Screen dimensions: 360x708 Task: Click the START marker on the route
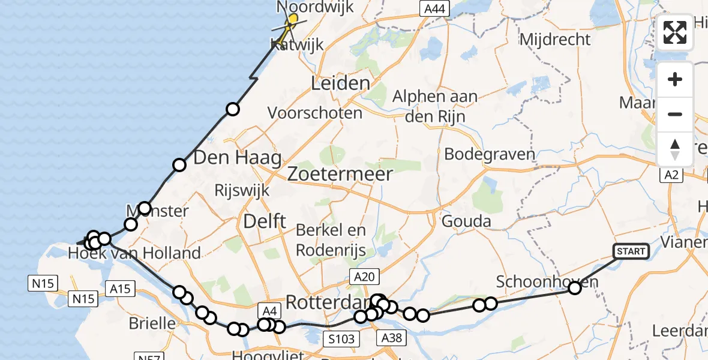pyautogui.click(x=631, y=251)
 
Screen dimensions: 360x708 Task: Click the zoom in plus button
pyautogui.click(x=675, y=80)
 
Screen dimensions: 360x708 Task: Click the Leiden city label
pyautogui.click(x=340, y=83)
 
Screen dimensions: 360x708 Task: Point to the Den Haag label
pyautogui.click(x=238, y=158)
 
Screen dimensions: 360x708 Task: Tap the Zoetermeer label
pyautogui.click(x=340, y=175)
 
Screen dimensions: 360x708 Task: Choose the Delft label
pyautogui.click(x=265, y=221)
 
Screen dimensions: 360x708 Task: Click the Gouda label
pyautogui.click(x=466, y=221)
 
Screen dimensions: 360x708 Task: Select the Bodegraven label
pyautogui.click(x=490, y=154)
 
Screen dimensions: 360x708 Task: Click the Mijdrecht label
pyautogui.click(x=555, y=40)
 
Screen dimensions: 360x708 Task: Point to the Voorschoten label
pyautogui.click(x=315, y=113)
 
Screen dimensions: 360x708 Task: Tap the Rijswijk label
pyautogui.click(x=242, y=191)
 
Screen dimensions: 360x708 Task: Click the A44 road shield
pyautogui.click(x=433, y=8)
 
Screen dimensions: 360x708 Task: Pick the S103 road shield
pyautogui.click(x=341, y=339)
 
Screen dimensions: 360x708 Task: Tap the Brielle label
pyautogui.click(x=152, y=323)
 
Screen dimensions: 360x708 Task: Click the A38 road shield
pyautogui.click(x=393, y=339)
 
